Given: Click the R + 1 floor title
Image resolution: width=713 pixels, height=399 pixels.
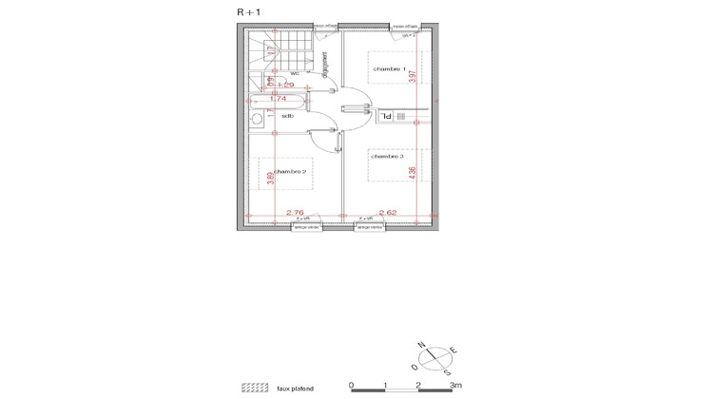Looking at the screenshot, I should pos(250,11).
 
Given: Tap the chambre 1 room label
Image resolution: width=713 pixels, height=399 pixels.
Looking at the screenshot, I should pos(389,69).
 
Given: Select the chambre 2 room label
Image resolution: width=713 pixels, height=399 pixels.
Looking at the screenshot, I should pos(290,171).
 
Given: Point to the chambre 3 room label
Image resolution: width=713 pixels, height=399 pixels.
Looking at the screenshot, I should pos(388,156).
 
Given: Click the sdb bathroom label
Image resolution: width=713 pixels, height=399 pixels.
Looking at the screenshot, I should pos(286,116).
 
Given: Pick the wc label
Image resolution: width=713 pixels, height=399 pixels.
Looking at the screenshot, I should pos(295,73).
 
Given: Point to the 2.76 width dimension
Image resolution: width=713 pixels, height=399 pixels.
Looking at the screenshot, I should pos(295,213).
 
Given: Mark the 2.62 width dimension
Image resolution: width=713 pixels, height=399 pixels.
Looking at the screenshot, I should pos(387,213).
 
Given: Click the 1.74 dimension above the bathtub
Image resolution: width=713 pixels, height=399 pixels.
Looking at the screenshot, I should pos(278,98).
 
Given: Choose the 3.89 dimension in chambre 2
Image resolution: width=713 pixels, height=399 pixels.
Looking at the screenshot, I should pos(271,177).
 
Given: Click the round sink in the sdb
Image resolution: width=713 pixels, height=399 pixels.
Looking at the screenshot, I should pos(256,119).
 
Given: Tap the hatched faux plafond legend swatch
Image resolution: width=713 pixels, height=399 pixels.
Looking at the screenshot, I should pos(255,388).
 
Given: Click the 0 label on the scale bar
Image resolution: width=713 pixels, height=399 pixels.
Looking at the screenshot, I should pos(352,386).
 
